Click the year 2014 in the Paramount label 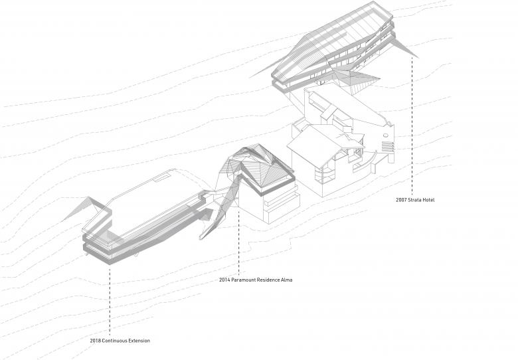(224, 280)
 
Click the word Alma (286, 280)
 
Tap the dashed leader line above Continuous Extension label (110, 299)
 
